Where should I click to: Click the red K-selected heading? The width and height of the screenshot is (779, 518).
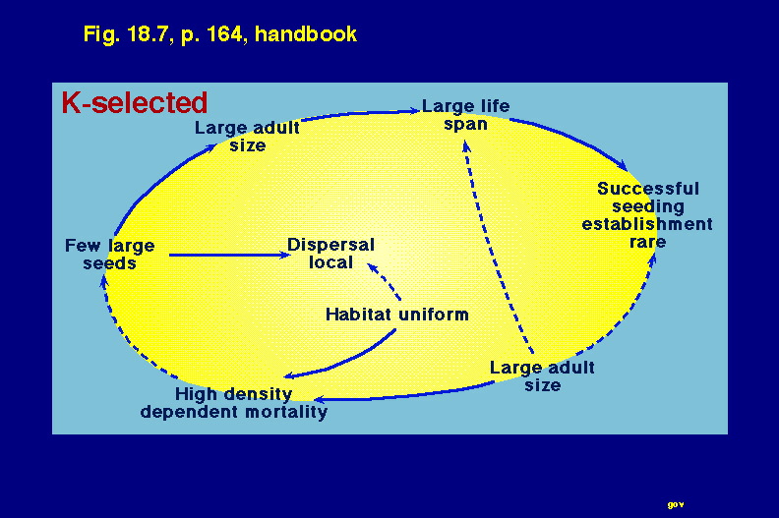tap(134, 103)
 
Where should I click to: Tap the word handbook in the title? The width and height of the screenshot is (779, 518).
tap(306, 34)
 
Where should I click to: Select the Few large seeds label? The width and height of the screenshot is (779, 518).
tap(110, 255)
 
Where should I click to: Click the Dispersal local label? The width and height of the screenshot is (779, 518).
tap(330, 254)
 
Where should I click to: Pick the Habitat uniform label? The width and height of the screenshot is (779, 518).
tap(397, 315)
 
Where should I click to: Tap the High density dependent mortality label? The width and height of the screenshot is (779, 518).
tap(233, 403)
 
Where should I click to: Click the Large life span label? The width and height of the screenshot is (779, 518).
tap(465, 115)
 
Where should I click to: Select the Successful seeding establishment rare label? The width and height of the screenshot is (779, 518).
tap(647, 215)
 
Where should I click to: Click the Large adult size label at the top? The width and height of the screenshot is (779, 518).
tap(247, 136)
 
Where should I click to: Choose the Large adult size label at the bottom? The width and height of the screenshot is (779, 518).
tap(542, 376)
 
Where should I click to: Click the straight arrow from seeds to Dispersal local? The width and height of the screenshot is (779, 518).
tap(229, 255)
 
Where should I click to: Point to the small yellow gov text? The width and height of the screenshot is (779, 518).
tap(675, 504)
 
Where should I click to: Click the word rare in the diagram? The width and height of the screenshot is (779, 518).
tap(647, 243)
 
